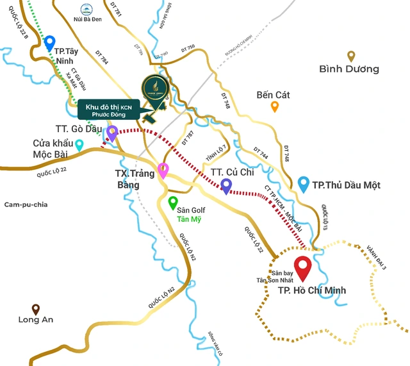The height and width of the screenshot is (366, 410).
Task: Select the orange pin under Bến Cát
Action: [275, 106]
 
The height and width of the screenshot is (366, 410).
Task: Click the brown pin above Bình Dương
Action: [351, 56]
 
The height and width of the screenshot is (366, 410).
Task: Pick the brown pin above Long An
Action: [36, 308]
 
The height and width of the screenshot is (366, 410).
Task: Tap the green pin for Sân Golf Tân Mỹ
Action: [172, 203]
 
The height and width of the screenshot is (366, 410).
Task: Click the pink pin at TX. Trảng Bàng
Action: [163, 170]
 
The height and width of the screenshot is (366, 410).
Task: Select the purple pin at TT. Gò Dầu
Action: [112, 133]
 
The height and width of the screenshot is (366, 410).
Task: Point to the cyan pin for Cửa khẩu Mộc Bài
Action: [79, 145]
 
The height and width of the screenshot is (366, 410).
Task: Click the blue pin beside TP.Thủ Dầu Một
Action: [304, 184]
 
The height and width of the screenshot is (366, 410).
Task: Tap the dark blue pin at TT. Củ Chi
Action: [225, 185]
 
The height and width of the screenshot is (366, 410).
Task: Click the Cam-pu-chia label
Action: [26, 204]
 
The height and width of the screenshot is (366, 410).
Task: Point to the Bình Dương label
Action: [349, 69]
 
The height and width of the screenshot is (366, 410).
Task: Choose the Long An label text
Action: [36, 320]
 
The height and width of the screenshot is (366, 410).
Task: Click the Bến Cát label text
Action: [273, 95]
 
